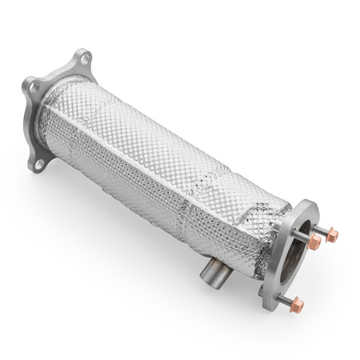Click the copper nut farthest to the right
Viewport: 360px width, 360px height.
(331, 235)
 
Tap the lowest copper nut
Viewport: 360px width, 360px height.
(298, 305)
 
